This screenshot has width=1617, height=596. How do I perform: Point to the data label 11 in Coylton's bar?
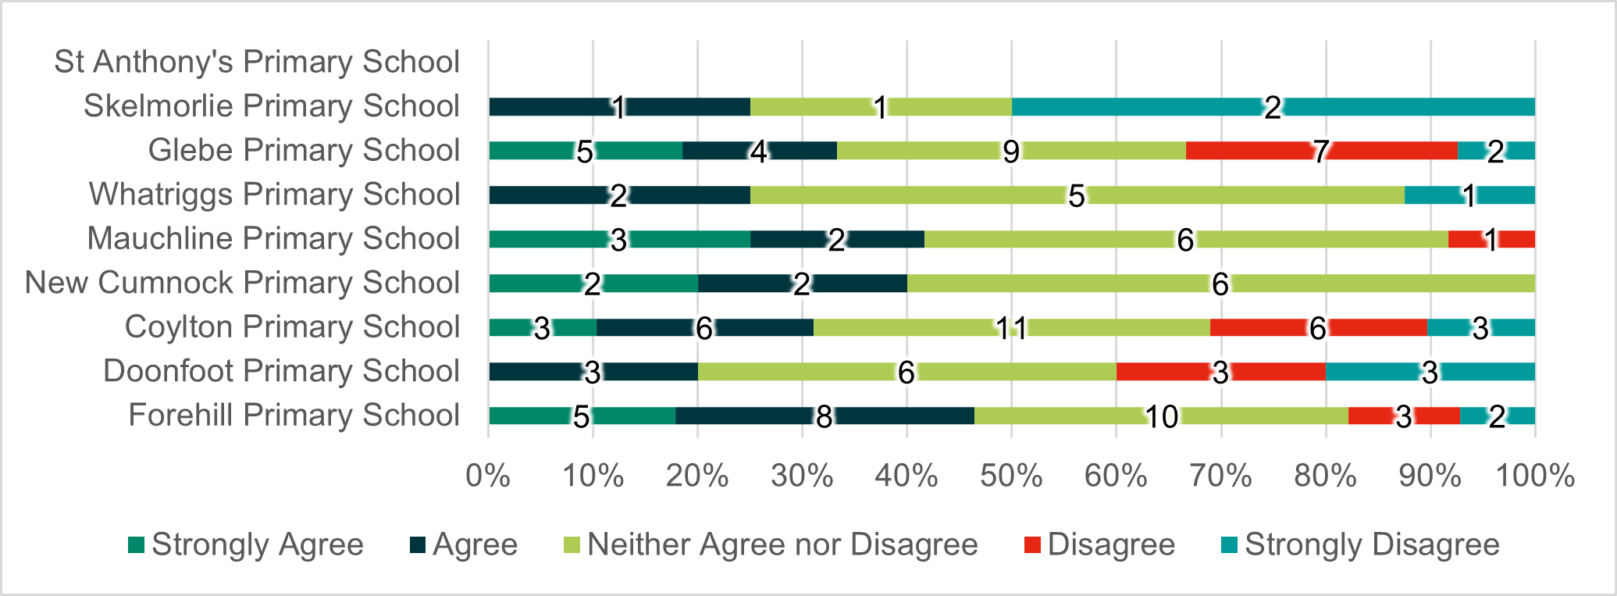(x=1011, y=328)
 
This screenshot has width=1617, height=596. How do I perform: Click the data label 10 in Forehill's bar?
(x=1162, y=416)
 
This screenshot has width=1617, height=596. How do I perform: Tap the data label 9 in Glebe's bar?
(x=1011, y=152)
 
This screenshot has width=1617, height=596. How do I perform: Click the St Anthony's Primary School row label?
(x=257, y=62)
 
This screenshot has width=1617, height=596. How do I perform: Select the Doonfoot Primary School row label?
(x=281, y=371)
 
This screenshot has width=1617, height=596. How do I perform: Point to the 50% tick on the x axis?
(x=1011, y=476)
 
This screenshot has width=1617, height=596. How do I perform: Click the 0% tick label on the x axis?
(x=488, y=476)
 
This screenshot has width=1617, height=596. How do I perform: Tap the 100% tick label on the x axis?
(x=1534, y=476)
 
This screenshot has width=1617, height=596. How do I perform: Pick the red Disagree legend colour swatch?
(x=1032, y=544)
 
